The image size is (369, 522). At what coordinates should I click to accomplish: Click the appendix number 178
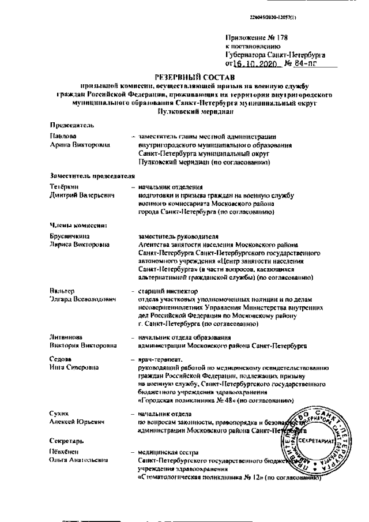click(279, 38)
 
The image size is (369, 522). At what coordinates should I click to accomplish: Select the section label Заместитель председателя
click(92, 175)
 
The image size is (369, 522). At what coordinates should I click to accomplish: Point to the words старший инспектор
click(168, 291)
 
